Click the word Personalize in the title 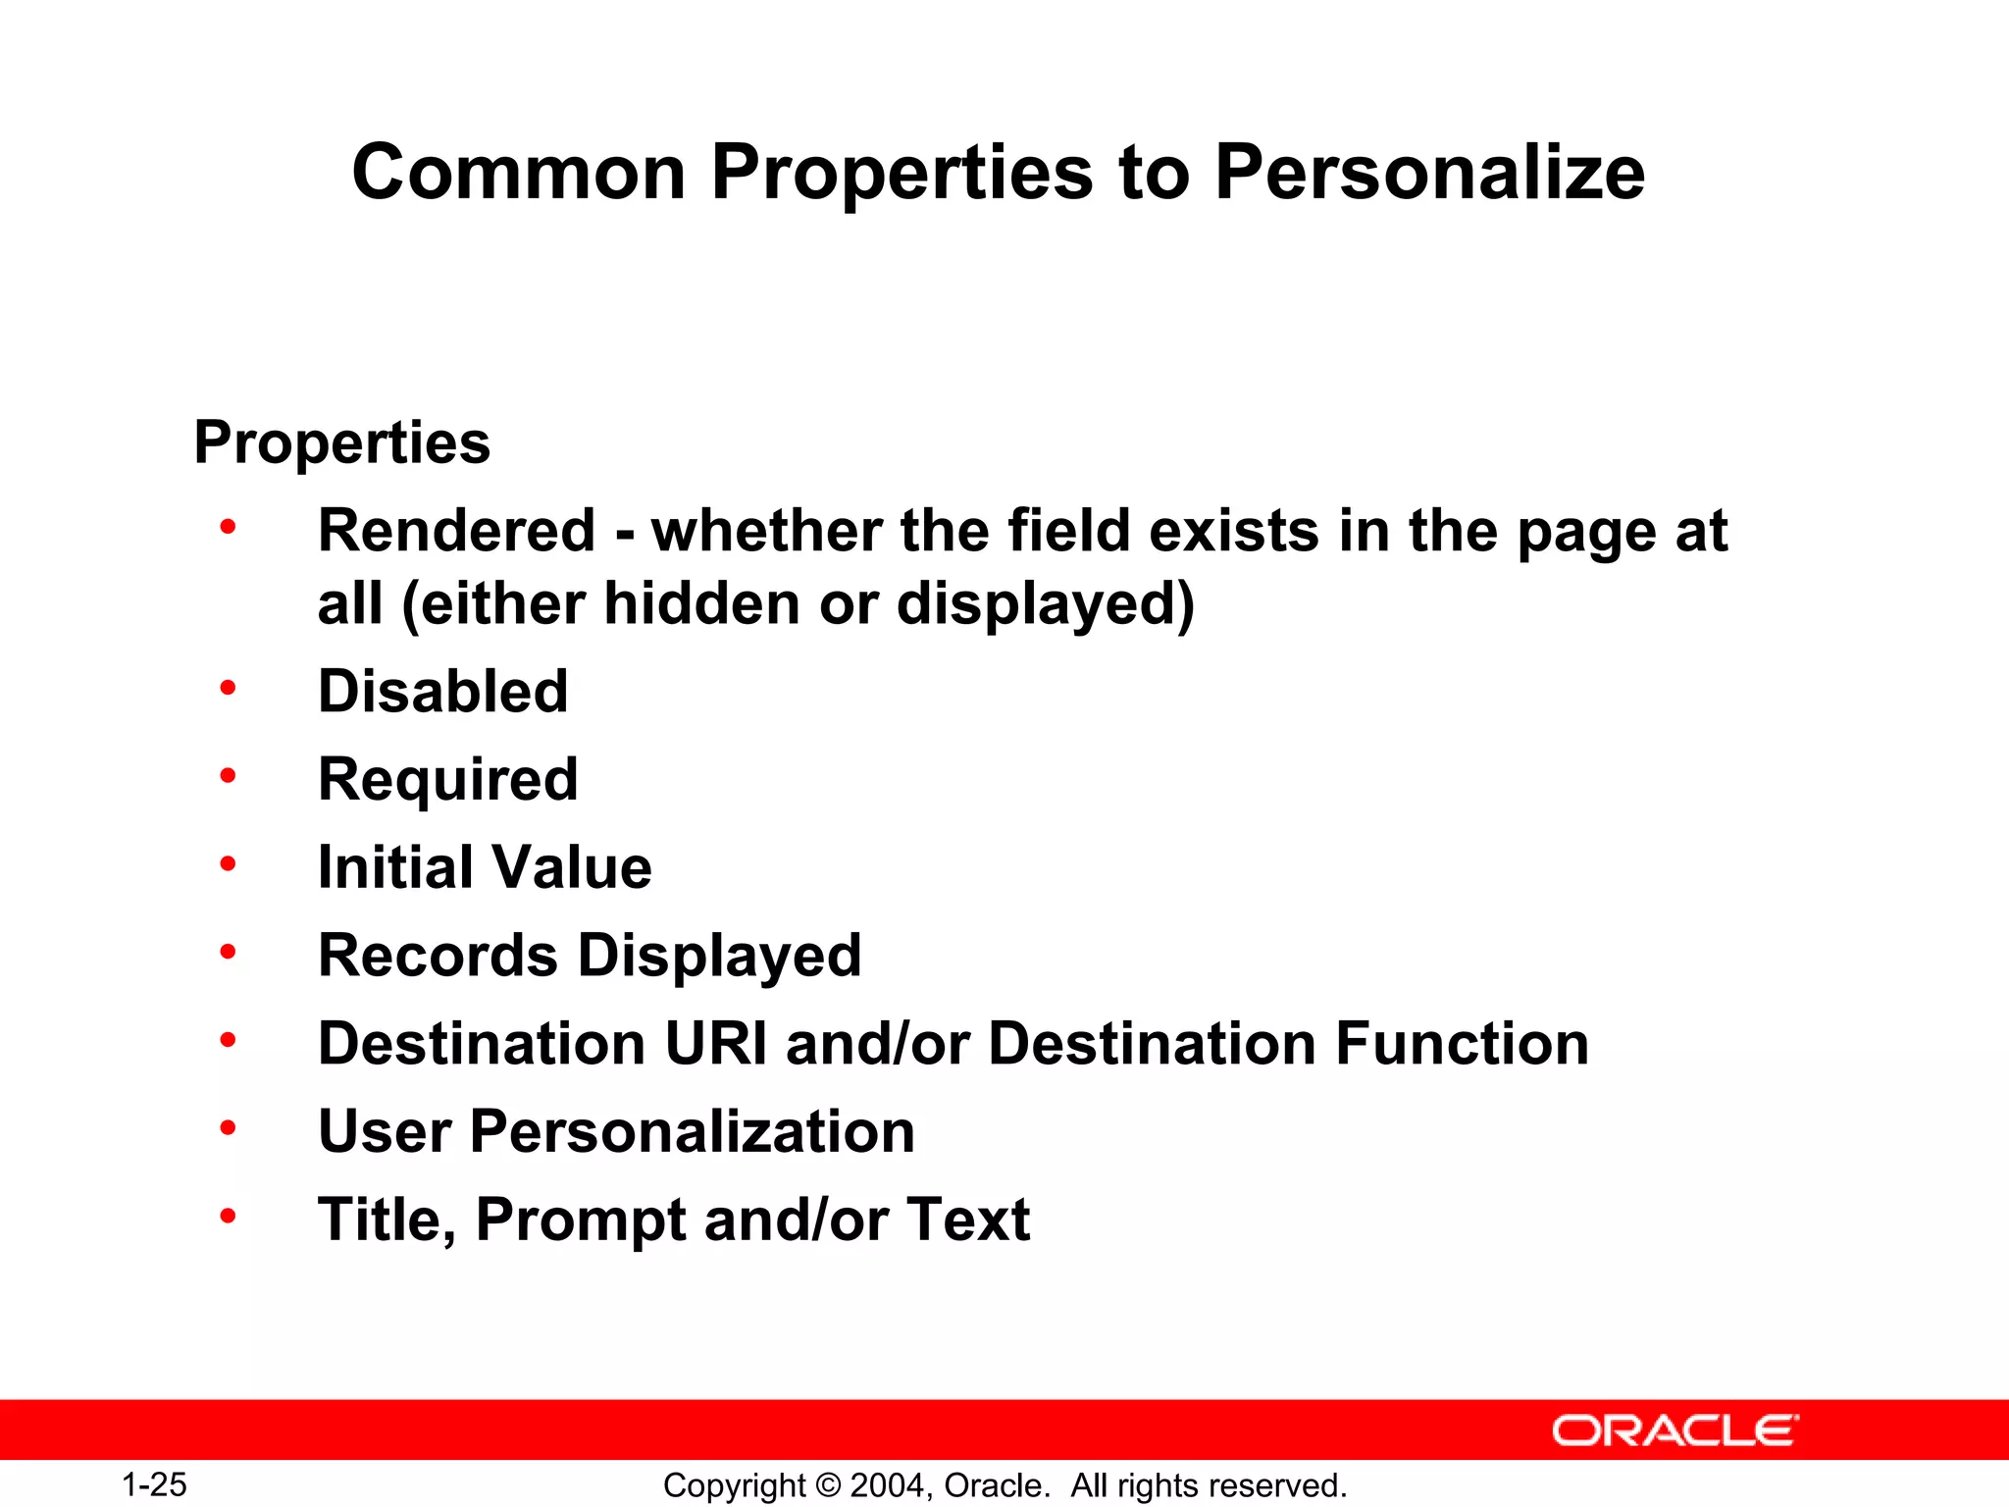coord(1429,173)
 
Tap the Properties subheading coord(341,442)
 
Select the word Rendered coord(457,531)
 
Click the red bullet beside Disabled coord(229,688)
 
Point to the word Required coord(448,780)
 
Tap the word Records coord(438,956)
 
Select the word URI coord(716,1043)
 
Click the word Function coord(1462,1043)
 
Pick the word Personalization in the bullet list coord(693,1131)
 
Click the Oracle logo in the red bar coord(1674,1430)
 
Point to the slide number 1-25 coord(154,1484)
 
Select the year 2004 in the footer coord(886,1485)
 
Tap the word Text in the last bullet coord(968,1220)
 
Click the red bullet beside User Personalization coord(229,1129)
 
